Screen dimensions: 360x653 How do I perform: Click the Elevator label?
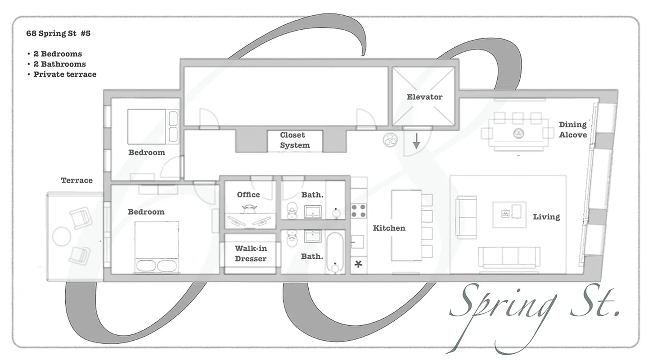coord(424,97)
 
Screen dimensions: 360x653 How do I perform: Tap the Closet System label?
coord(295,140)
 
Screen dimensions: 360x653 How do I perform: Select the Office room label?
coord(248,194)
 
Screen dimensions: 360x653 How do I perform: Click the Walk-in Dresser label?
coord(251,253)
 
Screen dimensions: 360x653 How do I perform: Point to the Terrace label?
coord(77,180)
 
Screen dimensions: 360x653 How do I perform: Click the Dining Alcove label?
coord(572,130)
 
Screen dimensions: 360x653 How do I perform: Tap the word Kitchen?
coord(389,228)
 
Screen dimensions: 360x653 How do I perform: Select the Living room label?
coord(546,217)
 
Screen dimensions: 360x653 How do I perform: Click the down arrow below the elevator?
coord(416,142)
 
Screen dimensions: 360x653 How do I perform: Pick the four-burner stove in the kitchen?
coord(358,210)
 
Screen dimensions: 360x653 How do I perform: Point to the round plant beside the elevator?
coord(390,140)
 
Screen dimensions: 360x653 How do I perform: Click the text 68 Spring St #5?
coord(59,34)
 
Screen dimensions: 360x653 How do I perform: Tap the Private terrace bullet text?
coord(65,74)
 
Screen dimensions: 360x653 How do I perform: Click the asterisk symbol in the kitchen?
coord(358,264)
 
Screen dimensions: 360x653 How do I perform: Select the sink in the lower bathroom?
coord(313,236)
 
